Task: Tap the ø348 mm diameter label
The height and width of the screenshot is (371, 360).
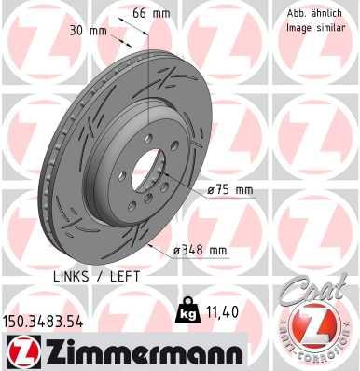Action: click(x=201, y=250)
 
